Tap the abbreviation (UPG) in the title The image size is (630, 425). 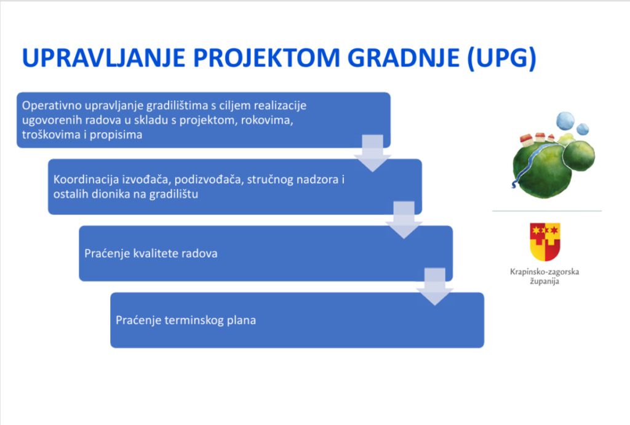[502, 59]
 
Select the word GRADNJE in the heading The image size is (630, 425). [404, 57]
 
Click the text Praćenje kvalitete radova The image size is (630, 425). [151, 253]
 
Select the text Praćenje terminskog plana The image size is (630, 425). [186, 320]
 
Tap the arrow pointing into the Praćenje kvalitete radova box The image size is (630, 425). [404, 220]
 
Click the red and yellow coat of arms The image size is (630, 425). [545, 241]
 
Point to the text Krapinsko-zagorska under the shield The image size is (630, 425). [544, 272]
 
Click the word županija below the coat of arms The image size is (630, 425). [544, 281]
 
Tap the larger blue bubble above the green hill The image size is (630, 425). [565, 121]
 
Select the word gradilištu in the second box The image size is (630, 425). [173, 194]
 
